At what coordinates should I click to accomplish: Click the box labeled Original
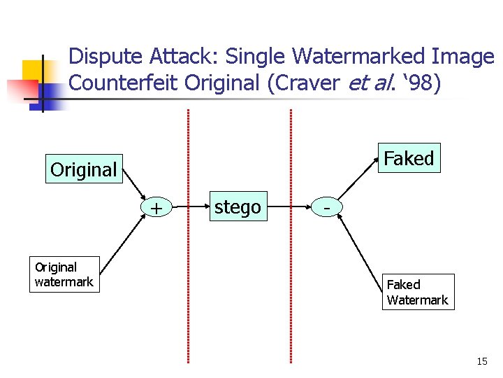(84, 169)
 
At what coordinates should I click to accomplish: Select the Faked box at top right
(409, 158)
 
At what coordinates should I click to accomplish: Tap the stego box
(238, 207)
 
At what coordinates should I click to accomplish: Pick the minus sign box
(326, 208)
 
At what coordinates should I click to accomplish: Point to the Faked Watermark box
(418, 292)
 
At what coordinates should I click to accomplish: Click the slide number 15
(481, 361)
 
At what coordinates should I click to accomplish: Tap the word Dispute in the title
(103, 57)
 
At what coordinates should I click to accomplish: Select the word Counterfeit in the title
(124, 83)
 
